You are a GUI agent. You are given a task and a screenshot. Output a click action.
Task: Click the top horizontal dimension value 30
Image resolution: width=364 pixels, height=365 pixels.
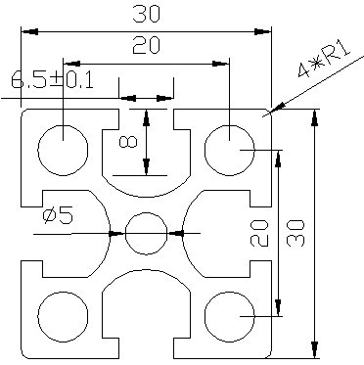tap(147, 15)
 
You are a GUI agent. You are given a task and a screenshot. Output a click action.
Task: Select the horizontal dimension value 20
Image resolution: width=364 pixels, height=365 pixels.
tap(147, 45)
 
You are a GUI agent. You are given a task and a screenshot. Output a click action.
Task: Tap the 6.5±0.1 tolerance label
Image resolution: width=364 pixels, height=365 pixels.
tap(52, 80)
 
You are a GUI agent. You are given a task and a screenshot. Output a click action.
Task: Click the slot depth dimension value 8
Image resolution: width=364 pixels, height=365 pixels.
tap(128, 142)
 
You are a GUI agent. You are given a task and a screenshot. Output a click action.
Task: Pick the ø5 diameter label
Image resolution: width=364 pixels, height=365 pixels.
tap(58, 216)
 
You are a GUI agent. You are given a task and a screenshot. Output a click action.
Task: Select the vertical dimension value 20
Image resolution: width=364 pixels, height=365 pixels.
tap(259, 233)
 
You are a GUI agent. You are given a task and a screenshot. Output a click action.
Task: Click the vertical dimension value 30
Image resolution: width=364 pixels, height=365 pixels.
tap(296, 233)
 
